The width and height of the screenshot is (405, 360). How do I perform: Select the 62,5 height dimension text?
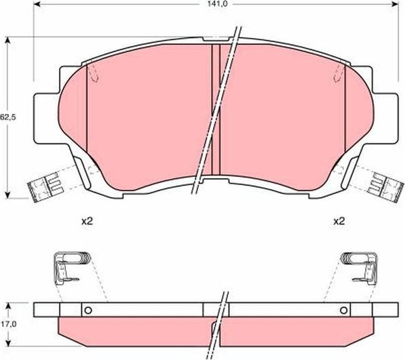tap(7, 117)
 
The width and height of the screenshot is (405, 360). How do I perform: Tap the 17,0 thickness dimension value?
tap(7, 323)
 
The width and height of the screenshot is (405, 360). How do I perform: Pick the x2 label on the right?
tap(339, 222)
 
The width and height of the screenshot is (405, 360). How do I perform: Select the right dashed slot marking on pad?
tap(337, 75)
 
